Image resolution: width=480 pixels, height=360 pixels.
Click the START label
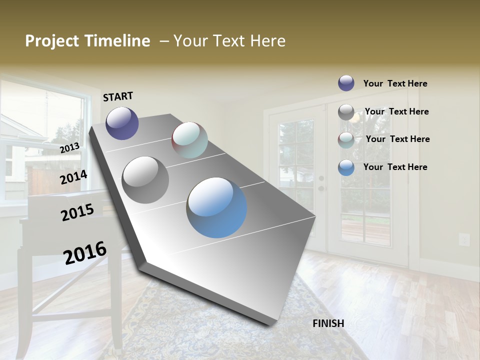(118, 96)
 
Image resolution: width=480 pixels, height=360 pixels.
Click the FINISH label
(328, 323)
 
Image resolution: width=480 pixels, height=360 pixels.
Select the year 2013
(69, 147)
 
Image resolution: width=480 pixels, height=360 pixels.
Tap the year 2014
(73, 177)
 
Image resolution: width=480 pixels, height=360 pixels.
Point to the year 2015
(77, 212)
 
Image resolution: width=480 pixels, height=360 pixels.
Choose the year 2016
(85, 252)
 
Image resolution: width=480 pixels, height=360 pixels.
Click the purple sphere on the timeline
(122, 123)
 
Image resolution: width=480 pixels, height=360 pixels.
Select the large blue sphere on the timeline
(216, 207)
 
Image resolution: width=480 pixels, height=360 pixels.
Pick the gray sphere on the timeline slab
(145, 179)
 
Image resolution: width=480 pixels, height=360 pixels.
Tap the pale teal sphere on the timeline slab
(189, 140)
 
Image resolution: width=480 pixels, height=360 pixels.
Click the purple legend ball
(346, 83)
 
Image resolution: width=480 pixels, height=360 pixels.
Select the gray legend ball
(346, 112)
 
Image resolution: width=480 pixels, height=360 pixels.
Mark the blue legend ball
(346, 167)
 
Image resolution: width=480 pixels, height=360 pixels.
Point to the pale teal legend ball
(346, 140)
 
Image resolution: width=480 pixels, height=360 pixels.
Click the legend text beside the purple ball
(395, 83)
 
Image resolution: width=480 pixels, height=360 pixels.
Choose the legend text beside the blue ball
(395, 167)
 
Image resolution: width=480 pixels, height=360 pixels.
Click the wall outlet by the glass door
(464, 239)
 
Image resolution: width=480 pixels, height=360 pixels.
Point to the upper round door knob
(321, 178)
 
